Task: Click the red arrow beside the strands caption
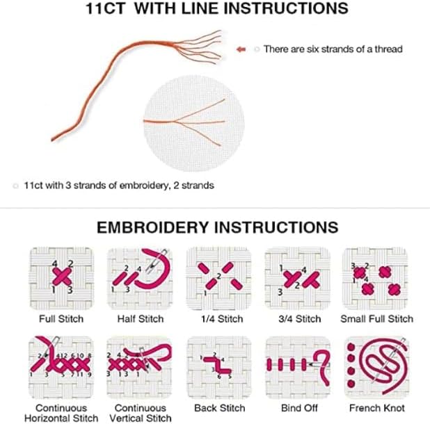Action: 241,49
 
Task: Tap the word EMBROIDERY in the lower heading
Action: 153,227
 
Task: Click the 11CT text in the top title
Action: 106,8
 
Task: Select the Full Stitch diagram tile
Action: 61,279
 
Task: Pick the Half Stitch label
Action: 141,319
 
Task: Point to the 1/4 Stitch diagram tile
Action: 219,279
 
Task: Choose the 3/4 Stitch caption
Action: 300,319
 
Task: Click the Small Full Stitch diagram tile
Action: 375,279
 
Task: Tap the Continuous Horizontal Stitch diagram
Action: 61,367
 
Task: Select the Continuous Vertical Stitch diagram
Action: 139,367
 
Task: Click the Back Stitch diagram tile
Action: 219,367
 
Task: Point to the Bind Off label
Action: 299,408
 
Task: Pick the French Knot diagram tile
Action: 376,367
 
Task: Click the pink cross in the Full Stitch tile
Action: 62,277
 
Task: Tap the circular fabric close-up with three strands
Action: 193,124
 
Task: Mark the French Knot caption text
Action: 377,408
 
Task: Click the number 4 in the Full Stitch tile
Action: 55,263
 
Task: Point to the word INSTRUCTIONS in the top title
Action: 286,8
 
